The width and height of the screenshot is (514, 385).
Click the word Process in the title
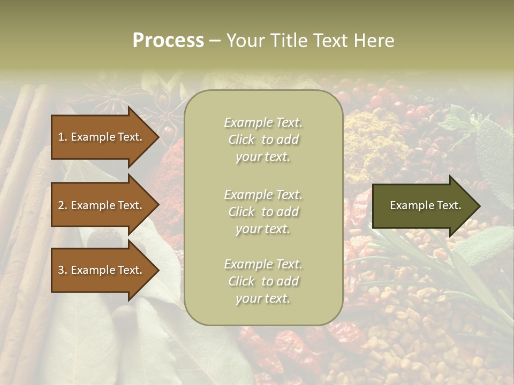(x=168, y=41)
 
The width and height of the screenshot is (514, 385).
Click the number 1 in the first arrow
(x=61, y=137)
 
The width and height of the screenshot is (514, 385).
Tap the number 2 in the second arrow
(x=61, y=205)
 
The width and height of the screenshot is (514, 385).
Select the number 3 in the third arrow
(x=61, y=270)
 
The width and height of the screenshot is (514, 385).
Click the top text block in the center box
(x=263, y=140)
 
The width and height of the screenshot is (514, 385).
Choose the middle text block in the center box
(x=263, y=212)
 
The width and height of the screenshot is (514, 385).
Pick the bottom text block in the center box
(x=263, y=281)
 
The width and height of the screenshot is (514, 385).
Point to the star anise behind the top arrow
(x=110, y=96)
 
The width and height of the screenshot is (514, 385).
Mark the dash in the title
(x=215, y=41)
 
